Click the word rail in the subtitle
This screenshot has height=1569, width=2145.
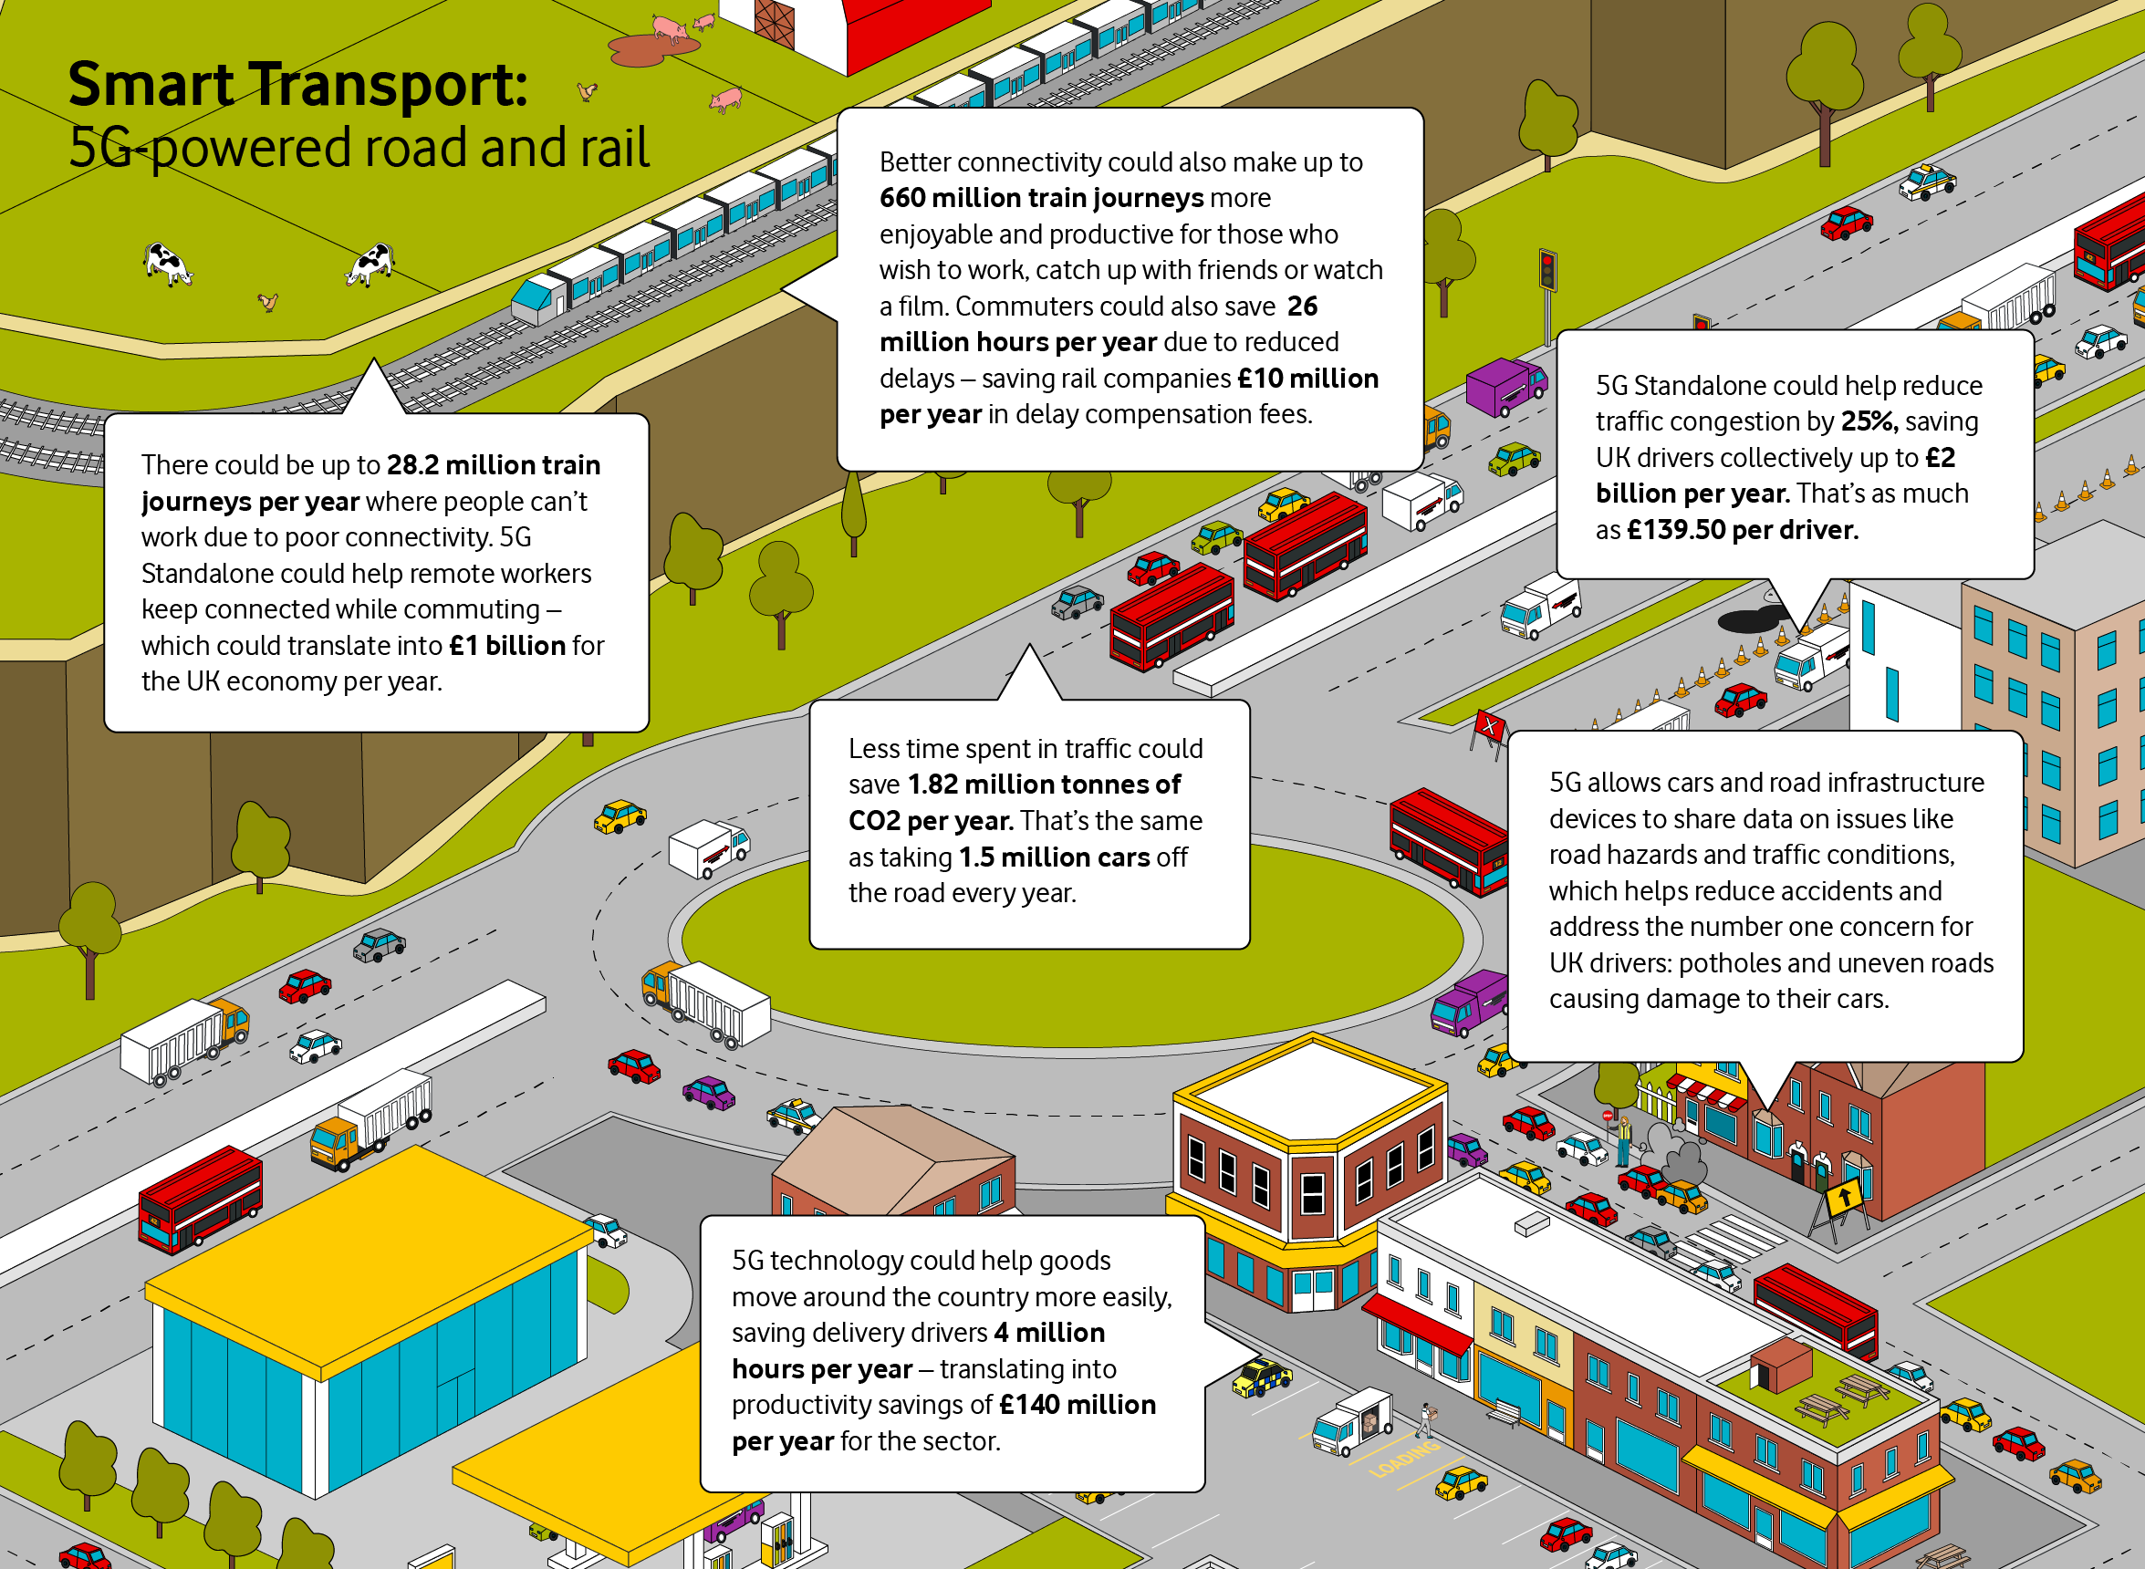[x=610, y=148]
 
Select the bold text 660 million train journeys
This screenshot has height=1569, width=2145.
[x=1041, y=198]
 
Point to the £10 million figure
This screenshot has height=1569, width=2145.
[x=1307, y=378]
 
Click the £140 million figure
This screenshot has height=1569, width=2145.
[x=1078, y=1405]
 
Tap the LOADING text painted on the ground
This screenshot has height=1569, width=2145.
[x=1404, y=1460]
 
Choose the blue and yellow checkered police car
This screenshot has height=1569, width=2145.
[x=1262, y=1378]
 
